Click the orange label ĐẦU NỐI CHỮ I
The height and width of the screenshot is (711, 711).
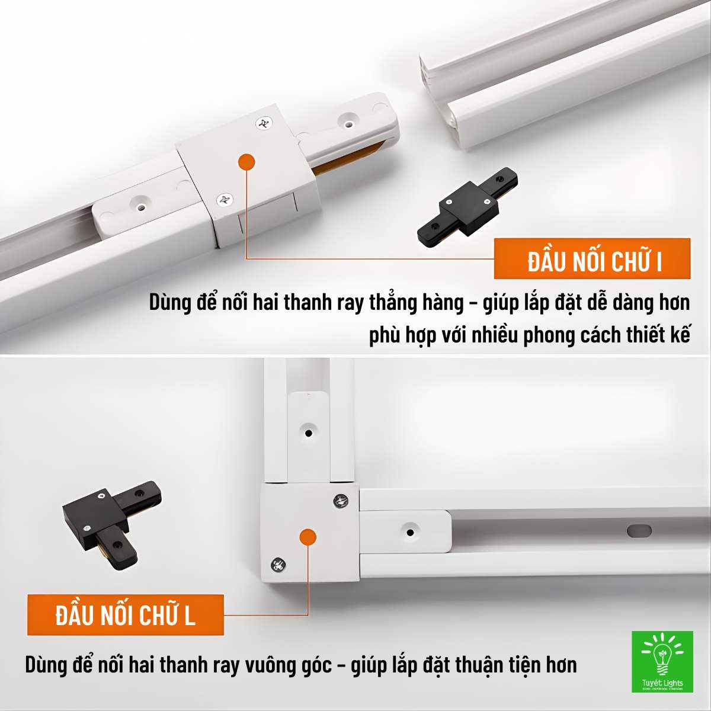pyautogui.click(x=592, y=259)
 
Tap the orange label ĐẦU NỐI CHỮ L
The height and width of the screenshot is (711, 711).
pyautogui.click(x=125, y=615)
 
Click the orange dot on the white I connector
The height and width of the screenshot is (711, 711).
pyautogui.click(x=246, y=161)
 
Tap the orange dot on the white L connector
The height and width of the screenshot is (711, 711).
pyautogui.click(x=308, y=537)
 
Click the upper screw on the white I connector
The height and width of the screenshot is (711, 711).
pyautogui.click(x=264, y=123)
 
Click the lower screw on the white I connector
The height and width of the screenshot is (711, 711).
pyautogui.click(x=225, y=200)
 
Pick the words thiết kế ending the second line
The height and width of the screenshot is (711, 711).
pyautogui.click(x=658, y=335)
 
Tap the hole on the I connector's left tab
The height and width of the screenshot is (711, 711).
pyautogui.click(x=141, y=206)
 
